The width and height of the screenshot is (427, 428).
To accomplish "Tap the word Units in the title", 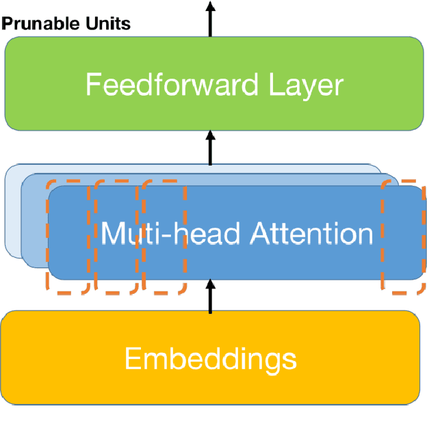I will [107, 25].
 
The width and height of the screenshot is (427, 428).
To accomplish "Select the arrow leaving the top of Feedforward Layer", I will [211, 17].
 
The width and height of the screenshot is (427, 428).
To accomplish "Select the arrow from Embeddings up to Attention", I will [211, 297].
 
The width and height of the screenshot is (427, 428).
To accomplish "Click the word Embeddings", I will [211, 358].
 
